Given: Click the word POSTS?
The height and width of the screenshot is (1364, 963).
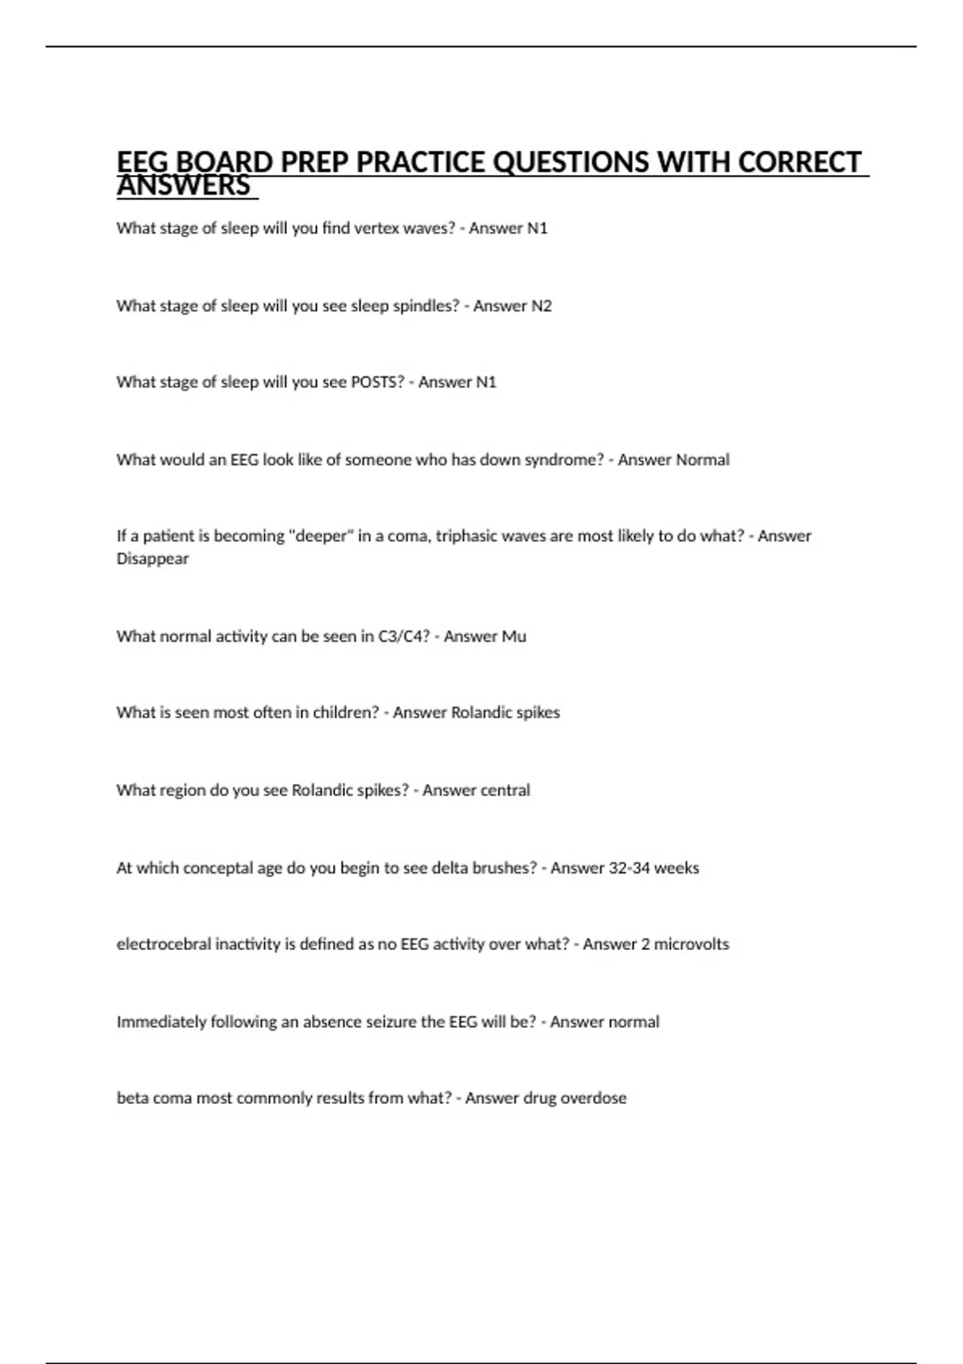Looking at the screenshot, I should tap(378, 382).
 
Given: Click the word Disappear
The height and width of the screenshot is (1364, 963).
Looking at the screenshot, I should tap(152, 558).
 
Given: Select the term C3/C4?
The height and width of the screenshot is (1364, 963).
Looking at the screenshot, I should tap(404, 636).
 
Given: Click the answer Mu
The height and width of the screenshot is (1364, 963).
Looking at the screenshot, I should tap(514, 636).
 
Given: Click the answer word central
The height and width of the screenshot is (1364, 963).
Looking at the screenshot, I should tap(505, 790).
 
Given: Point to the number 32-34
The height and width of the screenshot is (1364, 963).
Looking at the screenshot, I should tap(629, 868).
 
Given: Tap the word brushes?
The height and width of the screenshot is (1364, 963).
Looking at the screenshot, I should tap(507, 868).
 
